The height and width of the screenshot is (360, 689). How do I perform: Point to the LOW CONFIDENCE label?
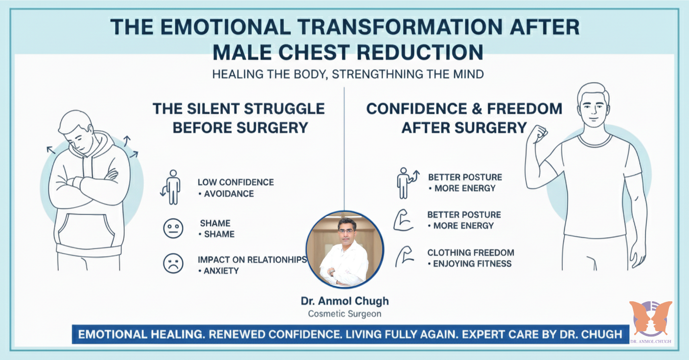click(235, 182)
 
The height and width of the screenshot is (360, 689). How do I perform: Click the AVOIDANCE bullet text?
click(229, 194)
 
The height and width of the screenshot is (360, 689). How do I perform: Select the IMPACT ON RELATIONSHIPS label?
click(252, 259)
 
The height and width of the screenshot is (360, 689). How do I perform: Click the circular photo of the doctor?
click(344, 249)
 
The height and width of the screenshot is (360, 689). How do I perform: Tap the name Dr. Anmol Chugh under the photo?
click(344, 301)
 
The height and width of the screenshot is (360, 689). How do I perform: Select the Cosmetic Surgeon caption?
click(344, 314)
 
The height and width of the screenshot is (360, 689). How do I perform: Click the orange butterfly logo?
click(650, 318)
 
